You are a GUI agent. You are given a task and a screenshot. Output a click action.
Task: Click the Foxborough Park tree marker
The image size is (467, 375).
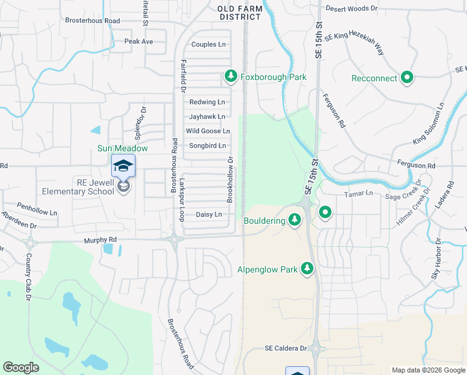(230, 77)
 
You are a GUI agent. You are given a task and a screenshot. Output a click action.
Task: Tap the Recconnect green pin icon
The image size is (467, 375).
(407, 78)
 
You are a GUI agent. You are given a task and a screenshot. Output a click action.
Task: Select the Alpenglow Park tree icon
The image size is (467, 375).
(307, 269)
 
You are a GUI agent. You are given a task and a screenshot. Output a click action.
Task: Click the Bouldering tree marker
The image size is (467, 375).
(295, 219)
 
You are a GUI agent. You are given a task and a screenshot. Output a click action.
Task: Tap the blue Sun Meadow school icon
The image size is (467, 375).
(123, 166)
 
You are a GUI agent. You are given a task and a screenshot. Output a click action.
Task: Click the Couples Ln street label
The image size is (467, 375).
(209, 44)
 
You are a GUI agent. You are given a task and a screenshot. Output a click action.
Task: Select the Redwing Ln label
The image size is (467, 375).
(207, 102)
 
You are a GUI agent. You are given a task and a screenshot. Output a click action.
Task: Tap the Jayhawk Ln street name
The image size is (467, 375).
(207, 117)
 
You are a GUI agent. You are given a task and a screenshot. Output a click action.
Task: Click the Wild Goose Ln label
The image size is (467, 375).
(208, 131)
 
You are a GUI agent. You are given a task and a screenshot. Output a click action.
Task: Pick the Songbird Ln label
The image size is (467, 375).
(207, 146)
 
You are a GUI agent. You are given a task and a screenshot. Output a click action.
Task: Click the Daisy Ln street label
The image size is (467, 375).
(209, 214)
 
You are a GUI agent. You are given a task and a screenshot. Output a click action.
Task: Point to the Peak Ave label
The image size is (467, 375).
(138, 41)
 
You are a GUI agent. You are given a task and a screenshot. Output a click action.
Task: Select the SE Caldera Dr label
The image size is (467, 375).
(286, 348)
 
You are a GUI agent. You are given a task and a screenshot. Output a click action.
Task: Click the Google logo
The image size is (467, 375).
(21, 367)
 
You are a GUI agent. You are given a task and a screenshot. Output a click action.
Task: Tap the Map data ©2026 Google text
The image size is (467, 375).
(428, 369)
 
